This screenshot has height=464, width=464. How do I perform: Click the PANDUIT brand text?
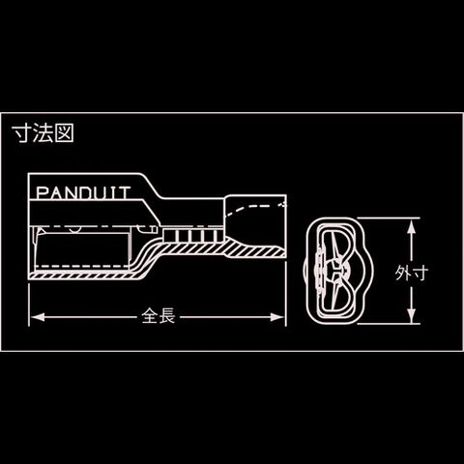[83, 192]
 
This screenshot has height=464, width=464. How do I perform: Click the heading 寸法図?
[43, 132]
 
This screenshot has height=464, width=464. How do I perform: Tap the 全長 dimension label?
[159, 316]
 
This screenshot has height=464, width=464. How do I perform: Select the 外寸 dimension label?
[412, 273]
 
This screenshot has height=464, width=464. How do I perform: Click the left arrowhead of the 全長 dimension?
[38, 317]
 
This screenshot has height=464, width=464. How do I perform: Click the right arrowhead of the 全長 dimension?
[277, 317]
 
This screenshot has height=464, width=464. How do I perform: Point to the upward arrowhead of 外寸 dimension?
[411, 226]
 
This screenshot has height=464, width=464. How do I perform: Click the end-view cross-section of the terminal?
[337, 271]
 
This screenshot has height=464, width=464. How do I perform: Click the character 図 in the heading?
[65, 132]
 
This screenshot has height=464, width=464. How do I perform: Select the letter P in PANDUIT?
[42, 193]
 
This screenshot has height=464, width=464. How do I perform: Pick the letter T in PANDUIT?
[125, 193]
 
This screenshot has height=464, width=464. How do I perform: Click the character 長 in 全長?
[167, 316]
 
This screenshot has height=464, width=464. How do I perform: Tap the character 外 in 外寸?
[403, 273]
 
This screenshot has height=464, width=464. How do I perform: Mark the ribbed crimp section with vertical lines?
[193, 236]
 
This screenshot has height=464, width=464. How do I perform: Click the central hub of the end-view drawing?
[335, 269]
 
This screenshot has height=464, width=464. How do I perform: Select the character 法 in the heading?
[43, 132]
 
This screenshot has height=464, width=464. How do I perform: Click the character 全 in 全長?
[150, 316]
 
